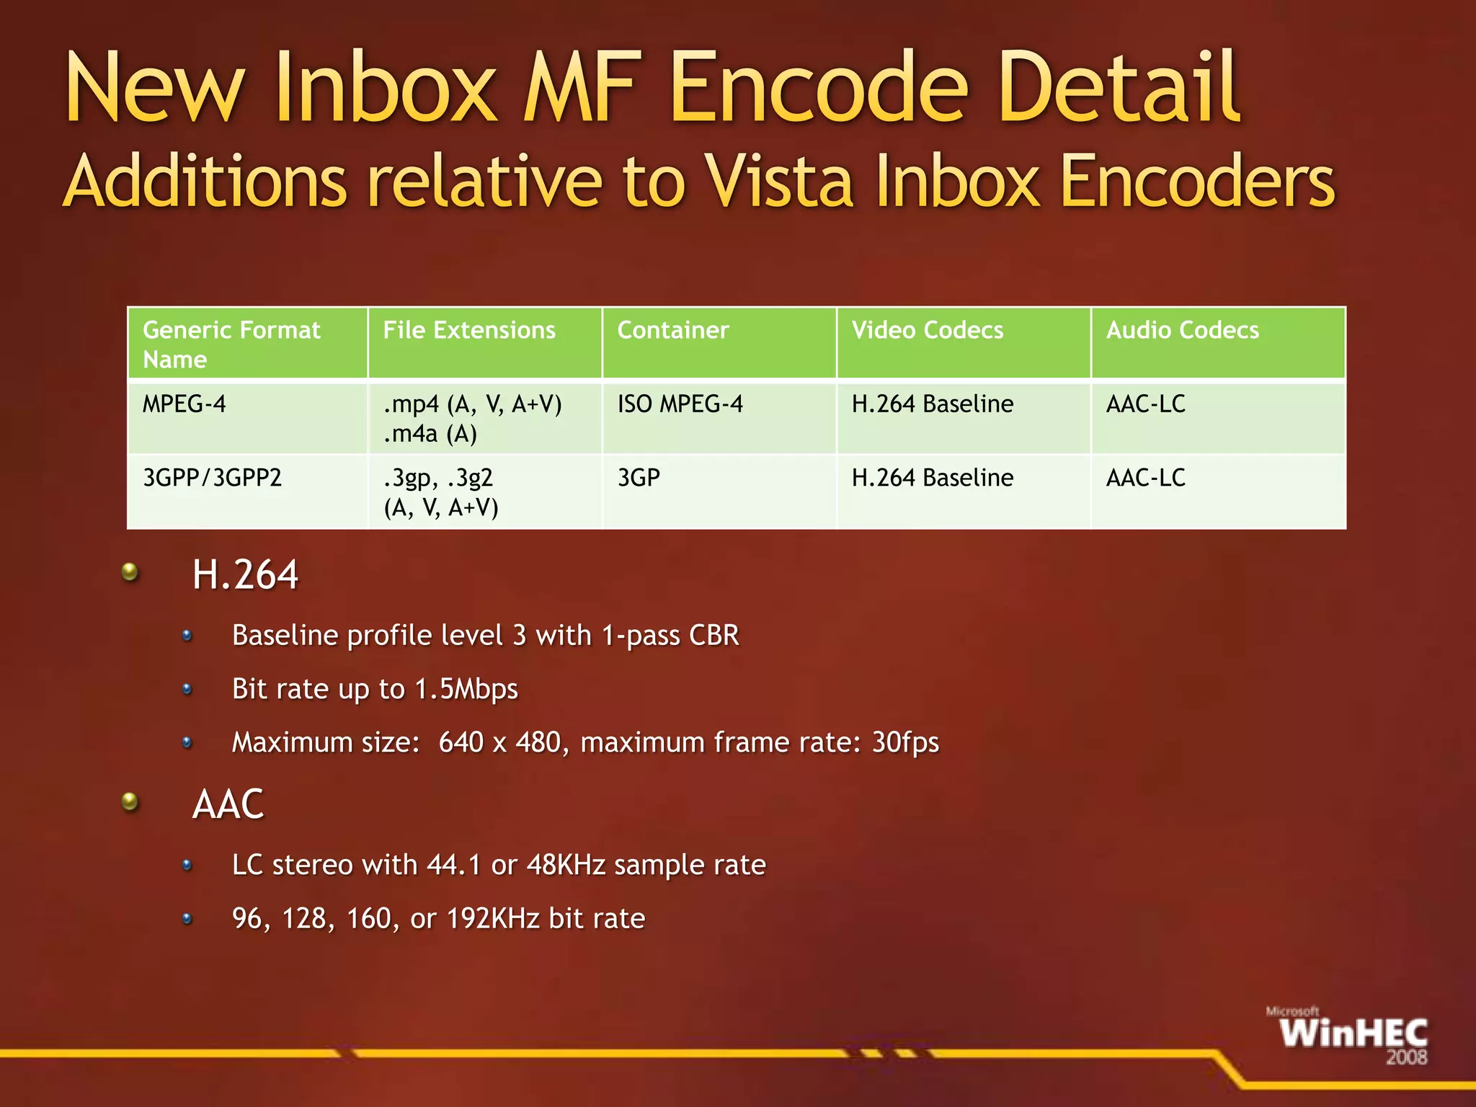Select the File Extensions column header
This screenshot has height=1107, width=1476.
[x=469, y=330]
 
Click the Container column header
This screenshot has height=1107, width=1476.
[x=673, y=330]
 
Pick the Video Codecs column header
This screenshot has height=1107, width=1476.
[x=928, y=330]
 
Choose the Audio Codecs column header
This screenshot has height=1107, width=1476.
[x=1183, y=330]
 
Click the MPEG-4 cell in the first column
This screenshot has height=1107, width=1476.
[x=184, y=404]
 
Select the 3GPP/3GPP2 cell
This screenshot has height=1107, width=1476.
[x=212, y=478]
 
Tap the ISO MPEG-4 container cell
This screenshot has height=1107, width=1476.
[x=680, y=404]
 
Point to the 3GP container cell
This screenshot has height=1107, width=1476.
[x=639, y=478]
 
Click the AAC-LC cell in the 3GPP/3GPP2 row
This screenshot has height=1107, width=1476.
[x=1146, y=478]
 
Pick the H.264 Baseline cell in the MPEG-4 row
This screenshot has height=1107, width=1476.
[x=933, y=404]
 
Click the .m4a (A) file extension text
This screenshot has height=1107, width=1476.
[x=430, y=434]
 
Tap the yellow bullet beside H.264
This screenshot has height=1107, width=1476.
[x=130, y=573]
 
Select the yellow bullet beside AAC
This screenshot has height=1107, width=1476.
[x=130, y=801]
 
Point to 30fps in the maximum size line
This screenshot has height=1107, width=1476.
[x=905, y=742]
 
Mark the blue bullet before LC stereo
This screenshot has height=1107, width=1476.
[x=187, y=865]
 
